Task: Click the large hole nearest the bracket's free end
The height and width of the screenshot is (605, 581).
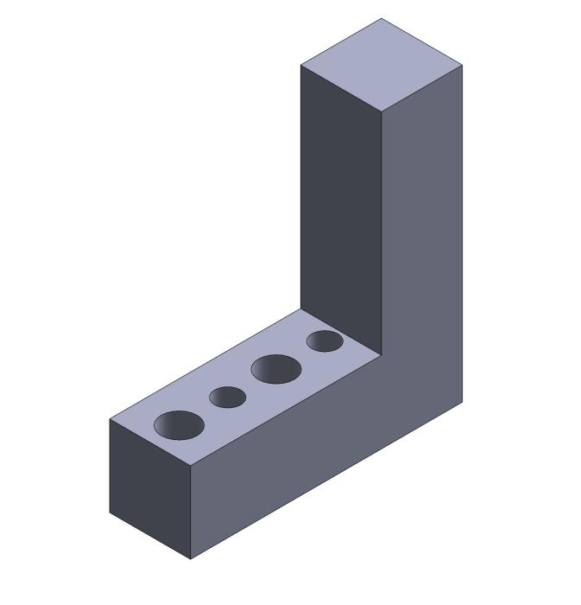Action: pyautogui.click(x=179, y=424)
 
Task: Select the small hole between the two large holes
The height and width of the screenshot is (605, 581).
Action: pyautogui.click(x=228, y=397)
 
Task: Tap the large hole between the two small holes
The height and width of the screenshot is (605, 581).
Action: pyautogui.click(x=276, y=369)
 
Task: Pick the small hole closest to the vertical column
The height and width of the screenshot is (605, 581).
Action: pyautogui.click(x=325, y=341)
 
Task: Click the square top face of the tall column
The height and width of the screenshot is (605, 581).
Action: pyautogui.click(x=382, y=65)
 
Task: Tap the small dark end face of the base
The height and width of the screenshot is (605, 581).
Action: pyautogui.click(x=149, y=488)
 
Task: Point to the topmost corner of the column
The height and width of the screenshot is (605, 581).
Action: pyautogui.click(x=382, y=18)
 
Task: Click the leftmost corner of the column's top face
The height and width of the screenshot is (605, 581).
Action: pyautogui.click(x=300, y=65)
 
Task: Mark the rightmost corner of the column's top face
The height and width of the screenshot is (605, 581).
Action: pyautogui.click(x=463, y=65)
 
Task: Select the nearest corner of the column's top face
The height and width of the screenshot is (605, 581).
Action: pyautogui.click(x=382, y=112)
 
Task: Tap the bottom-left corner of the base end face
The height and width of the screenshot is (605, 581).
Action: pyautogui.click(x=110, y=513)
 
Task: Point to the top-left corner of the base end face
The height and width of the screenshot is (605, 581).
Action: pyautogui.click(x=110, y=419)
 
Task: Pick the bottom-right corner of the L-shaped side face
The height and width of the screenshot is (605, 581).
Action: pyautogui.click(x=463, y=402)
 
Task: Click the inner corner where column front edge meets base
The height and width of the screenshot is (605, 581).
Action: pyautogui.click(x=382, y=355)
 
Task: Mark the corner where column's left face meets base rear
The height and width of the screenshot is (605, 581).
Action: pyautogui.click(x=300, y=309)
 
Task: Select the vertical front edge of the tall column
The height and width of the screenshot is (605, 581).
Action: pyautogui.click(x=382, y=233)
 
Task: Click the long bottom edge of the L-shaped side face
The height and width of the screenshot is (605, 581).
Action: pyautogui.click(x=326, y=481)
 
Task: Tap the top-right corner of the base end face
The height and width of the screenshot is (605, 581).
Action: pyautogui.click(x=191, y=466)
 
